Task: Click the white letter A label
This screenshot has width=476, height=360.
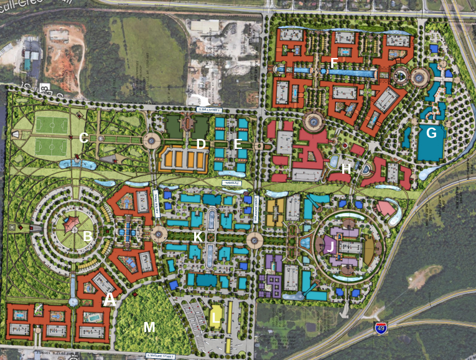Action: pos(110,299)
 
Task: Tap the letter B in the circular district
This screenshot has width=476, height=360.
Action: pos(88,236)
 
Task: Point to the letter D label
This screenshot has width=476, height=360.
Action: pos(200,144)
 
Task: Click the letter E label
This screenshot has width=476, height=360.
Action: pos(237,144)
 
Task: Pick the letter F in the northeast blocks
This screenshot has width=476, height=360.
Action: pos(334,62)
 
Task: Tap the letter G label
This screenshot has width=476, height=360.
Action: pos(431,132)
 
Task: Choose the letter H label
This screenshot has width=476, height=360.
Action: pos(347,168)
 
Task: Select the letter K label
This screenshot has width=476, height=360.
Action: pos(197,237)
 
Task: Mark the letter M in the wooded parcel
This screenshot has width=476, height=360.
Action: pos(149,327)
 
